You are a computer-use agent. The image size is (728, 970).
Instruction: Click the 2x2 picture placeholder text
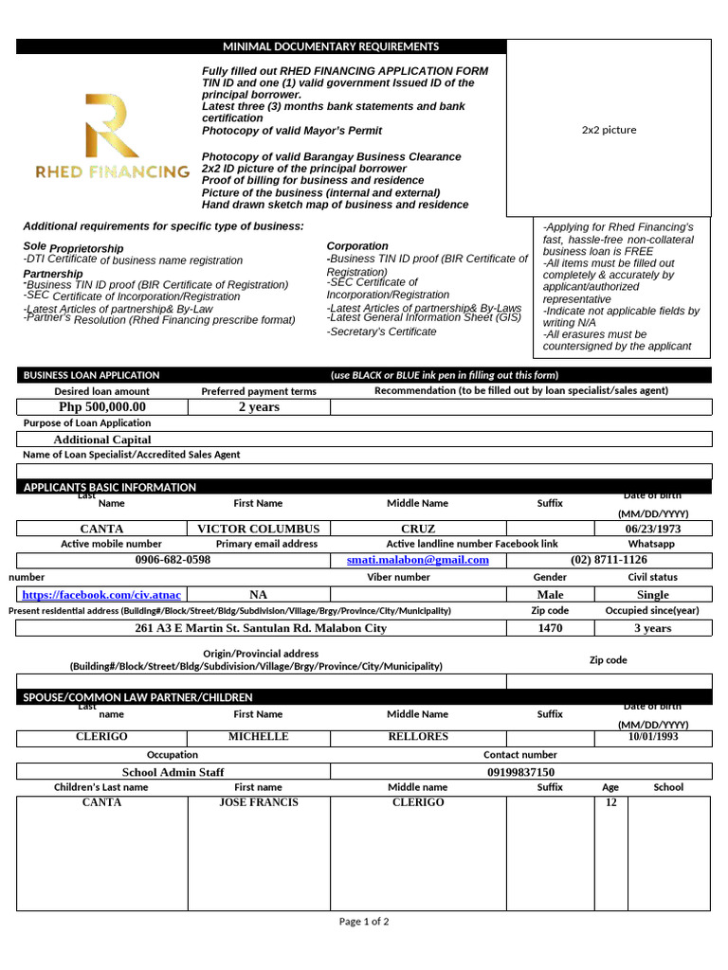pos(609,130)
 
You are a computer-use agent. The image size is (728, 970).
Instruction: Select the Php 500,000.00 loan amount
pos(102,407)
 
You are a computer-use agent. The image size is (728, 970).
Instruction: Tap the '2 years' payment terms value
pos(259,407)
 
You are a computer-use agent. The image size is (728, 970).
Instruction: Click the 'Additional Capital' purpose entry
pos(102,440)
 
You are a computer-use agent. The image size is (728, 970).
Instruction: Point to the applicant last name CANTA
pos(101,529)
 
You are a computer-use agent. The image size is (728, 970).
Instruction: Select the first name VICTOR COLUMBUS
pos(258,529)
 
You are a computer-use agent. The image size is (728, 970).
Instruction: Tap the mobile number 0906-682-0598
pos(173,560)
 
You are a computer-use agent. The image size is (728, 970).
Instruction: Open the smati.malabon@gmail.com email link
pos(418,560)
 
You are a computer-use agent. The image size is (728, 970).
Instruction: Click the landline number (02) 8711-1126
pos(609,560)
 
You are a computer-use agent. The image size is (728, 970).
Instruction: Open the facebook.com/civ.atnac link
pos(101,595)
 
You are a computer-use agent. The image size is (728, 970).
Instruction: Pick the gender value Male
pos(550,595)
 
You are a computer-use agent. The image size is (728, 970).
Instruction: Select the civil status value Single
pos(652,595)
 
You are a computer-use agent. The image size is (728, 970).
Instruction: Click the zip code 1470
pos(550,628)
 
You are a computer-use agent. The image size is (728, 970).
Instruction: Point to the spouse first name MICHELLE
pos(258,736)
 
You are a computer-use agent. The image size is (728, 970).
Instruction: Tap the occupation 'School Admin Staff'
pos(173,772)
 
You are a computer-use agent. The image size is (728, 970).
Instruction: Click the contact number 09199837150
pos(520,772)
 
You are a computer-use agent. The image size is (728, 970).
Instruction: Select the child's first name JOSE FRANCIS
pos(258,802)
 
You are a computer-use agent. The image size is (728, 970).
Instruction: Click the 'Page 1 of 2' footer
pos(364,921)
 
